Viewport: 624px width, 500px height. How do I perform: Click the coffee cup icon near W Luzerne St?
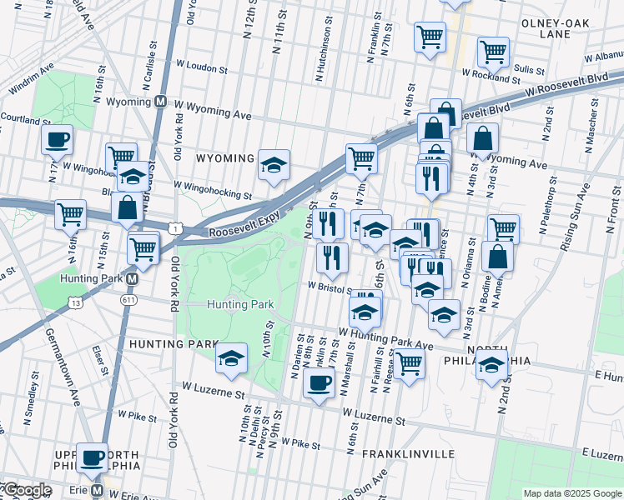(318, 382)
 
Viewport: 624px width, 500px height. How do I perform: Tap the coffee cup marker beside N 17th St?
(57, 139)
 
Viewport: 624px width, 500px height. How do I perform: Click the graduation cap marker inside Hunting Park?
(231, 357)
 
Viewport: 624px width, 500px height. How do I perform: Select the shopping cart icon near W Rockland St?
(493, 52)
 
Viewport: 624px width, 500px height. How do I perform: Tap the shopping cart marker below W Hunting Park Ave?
(409, 363)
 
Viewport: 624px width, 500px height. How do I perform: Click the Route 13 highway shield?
(76, 304)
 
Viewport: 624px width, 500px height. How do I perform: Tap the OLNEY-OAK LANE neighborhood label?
(556, 28)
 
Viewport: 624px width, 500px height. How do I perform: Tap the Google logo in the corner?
(27, 491)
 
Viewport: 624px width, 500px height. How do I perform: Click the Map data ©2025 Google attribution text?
(571, 493)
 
